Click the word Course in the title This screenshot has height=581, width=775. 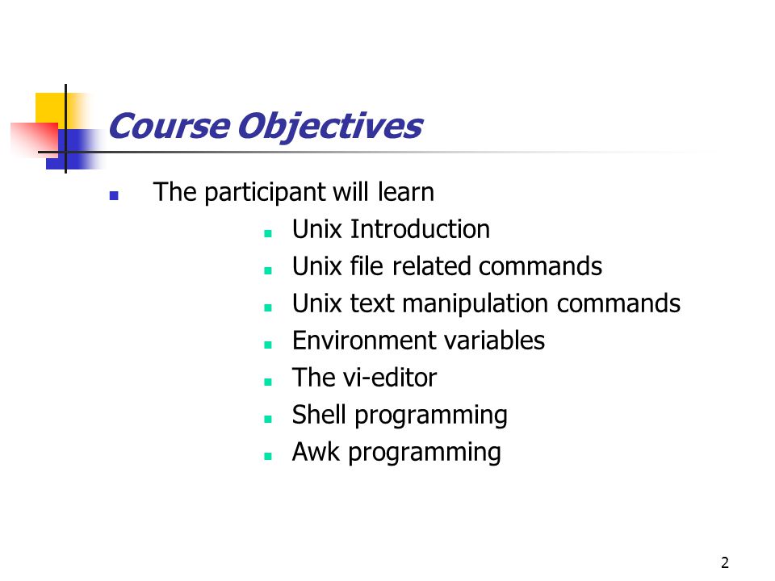pyautogui.click(x=169, y=126)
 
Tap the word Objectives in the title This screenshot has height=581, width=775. pyautogui.click(x=330, y=127)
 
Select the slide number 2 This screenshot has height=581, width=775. pyautogui.click(x=725, y=562)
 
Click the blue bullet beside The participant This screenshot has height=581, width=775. pyautogui.click(x=114, y=195)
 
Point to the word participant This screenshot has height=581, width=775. pyautogui.click(x=266, y=193)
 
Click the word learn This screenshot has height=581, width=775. pyautogui.click(x=406, y=192)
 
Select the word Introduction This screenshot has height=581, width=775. pyautogui.click(x=420, y=229)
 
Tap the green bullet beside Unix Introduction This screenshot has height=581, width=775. pyautogui.click(x=268, y=233)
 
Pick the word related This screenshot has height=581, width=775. pyautogui.click(x=433, y=266)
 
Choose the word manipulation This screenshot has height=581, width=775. pyautogui.click(x=475, y=304)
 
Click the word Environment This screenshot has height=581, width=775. pyautogui.click(x=357, y=341)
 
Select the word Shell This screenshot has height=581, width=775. pyautogui.click(x=319, y=415)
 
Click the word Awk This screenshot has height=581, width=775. pyautogui.click(x=316, y=452)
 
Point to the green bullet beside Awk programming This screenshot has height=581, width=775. pyautogui.click(x=268, y=456)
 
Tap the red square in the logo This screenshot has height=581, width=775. pyautogui.click(x=36, y=137)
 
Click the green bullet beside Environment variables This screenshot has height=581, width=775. pyautogui.click(x=268, y=345)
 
